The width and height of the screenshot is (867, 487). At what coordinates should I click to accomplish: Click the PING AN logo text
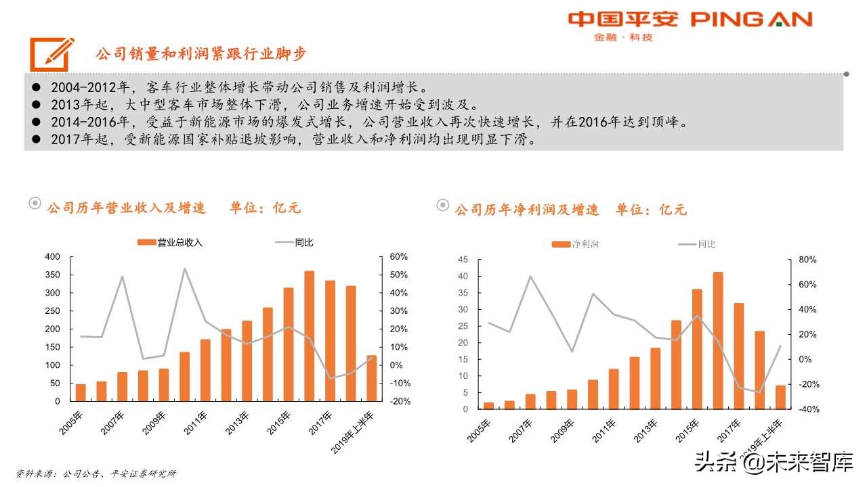click(x=751, y=20)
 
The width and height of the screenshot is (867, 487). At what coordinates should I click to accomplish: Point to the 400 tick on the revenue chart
click(x=51, y=257)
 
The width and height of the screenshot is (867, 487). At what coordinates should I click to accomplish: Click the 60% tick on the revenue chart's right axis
click(x=399, y=257)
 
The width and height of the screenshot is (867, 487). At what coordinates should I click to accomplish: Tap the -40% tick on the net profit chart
click(x=808, y=409)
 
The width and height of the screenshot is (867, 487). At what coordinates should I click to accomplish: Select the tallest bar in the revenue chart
click(x=309, y=335)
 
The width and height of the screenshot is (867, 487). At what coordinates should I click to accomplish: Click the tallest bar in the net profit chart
click(x=718, y=340)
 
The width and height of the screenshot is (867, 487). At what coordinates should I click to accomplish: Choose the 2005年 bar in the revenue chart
click(x=81, y=392)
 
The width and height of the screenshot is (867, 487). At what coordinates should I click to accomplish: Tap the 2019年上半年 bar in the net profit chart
click(x=780, y=397)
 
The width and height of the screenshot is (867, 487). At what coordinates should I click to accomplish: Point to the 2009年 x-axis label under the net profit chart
click(x=564, y=430)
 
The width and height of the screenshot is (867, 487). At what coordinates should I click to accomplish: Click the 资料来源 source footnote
click(x=96, y=473)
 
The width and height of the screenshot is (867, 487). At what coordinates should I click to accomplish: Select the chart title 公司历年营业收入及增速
click(x=125, y=208)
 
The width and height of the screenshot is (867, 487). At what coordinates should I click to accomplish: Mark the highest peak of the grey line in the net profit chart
click(x=530, y=276)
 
